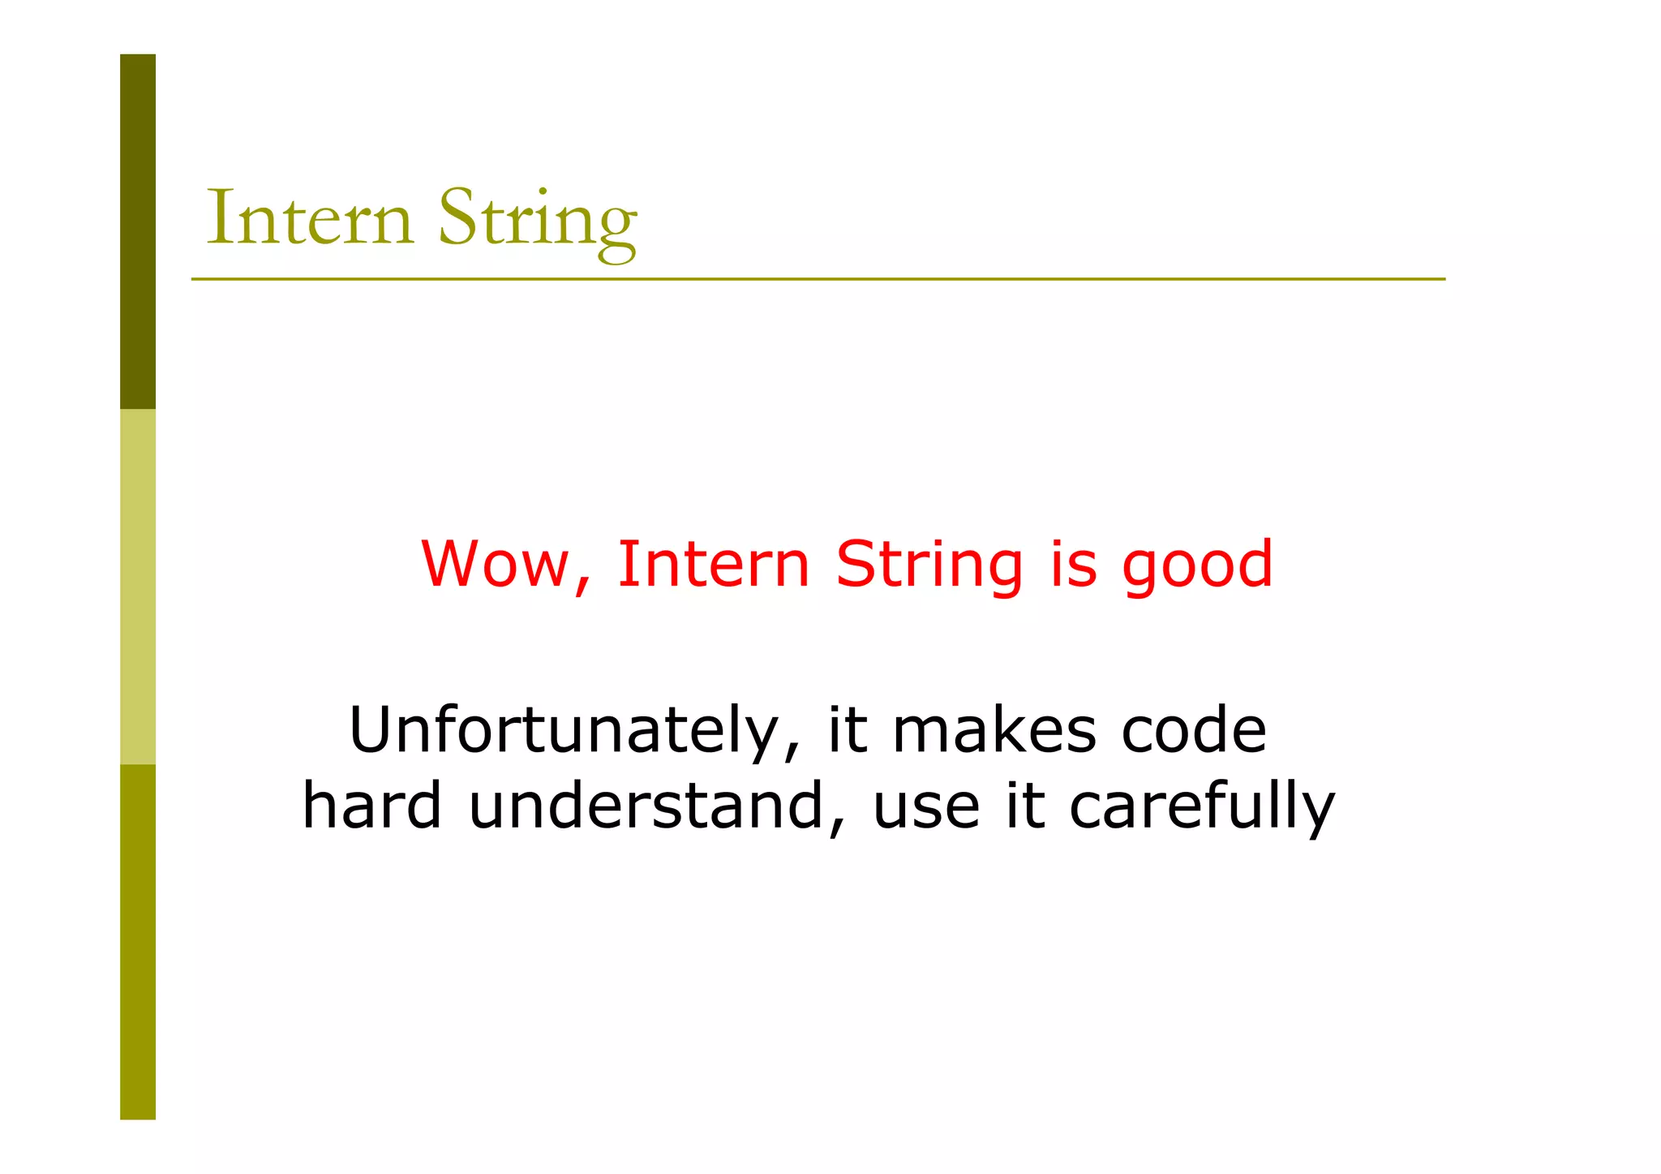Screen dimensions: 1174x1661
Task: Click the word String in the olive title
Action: (538, 221)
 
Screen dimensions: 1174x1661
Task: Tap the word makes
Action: (994, 729)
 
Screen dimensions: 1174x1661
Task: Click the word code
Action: (1194, 729)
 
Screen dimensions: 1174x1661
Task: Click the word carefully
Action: (1201, 808)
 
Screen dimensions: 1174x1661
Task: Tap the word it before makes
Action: (848, 729)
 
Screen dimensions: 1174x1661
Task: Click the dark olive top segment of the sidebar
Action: (138, 231)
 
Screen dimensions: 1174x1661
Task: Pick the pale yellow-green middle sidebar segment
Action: (138, 587)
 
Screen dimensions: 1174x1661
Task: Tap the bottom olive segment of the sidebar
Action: (138, 941)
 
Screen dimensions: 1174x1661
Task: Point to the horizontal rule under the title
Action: (818, 279)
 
